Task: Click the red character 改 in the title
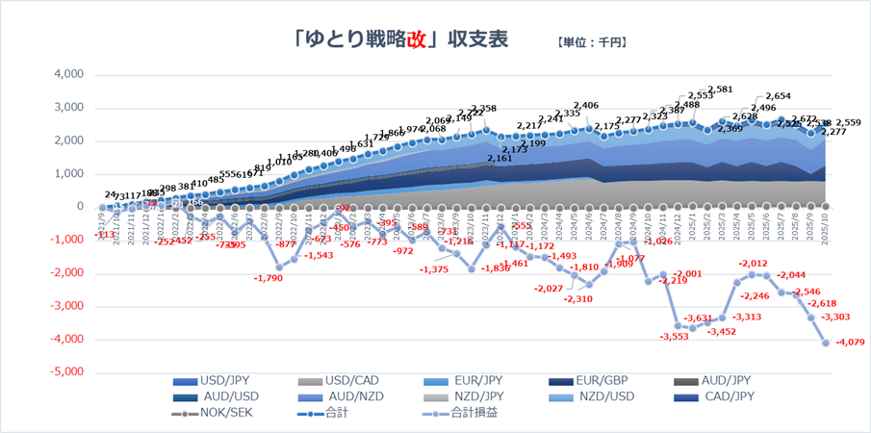417,39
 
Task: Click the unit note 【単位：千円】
592,42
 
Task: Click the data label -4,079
850,342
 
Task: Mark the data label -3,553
673,337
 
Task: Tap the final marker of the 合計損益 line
825,342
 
